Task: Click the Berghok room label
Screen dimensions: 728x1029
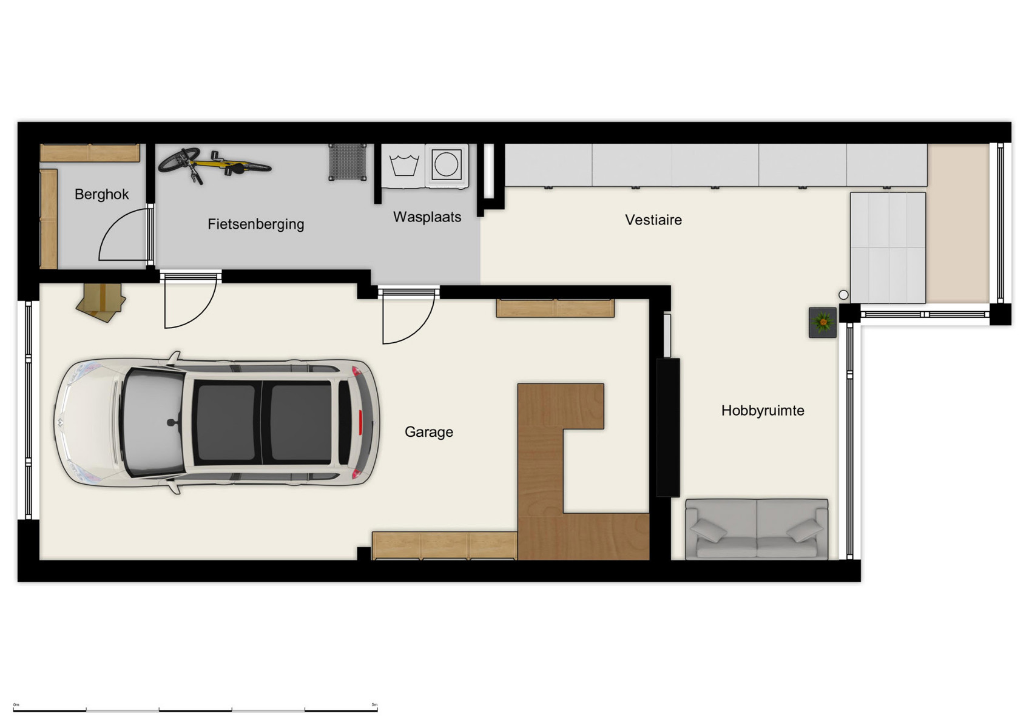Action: pos(101,194)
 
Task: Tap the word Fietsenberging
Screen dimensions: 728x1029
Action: pos(255,224)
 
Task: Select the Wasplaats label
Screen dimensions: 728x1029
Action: pos(427,217)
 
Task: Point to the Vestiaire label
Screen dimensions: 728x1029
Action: pos(653,220)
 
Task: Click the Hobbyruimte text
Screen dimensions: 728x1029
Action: pos(762,410)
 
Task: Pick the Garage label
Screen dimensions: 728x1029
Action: pos(428,431)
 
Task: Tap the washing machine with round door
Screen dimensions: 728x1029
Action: pos(447,164)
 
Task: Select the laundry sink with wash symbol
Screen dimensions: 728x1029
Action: pos(403,165)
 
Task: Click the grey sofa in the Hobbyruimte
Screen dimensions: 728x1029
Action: pos(756,528)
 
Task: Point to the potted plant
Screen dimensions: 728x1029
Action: pos(822,322)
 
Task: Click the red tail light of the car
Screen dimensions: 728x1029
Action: pos(360,422)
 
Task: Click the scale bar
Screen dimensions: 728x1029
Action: pos(195,710)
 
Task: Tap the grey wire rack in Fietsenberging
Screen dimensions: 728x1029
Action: pos(347,162)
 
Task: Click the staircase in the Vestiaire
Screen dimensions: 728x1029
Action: pos(887,248)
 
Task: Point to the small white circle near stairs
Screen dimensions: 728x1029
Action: pos(843,295)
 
